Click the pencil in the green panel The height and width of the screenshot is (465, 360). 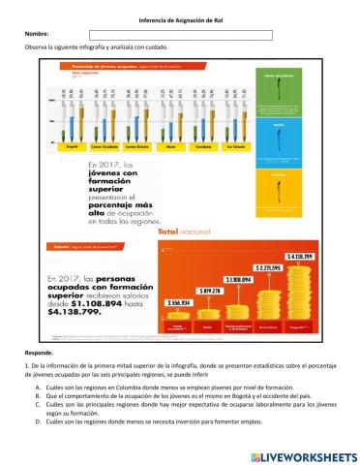(279, 97)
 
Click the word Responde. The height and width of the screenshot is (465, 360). (40, 354)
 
